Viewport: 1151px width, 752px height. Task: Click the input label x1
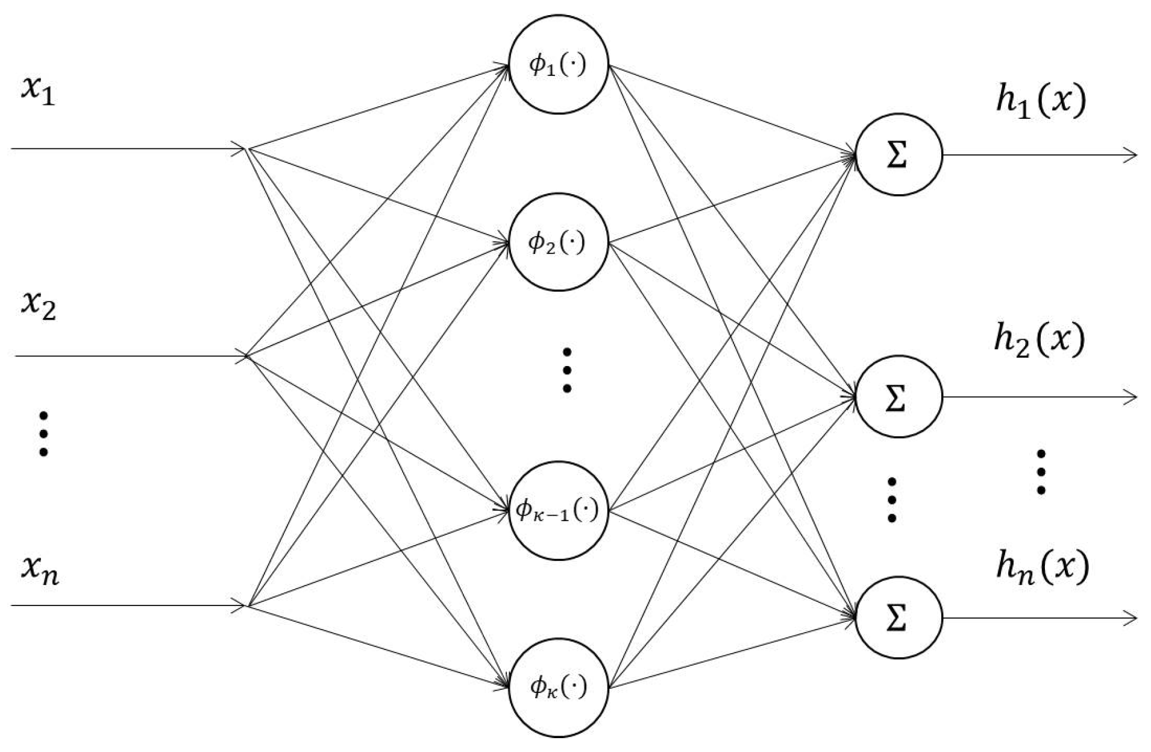(x=38, y=92)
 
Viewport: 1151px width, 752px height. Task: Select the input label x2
(x=39, y=305)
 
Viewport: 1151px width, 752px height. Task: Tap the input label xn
(x=40, y=570)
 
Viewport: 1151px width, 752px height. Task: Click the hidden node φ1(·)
(x=558, y=65)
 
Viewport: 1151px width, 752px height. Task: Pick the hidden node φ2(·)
(x=558, y=242)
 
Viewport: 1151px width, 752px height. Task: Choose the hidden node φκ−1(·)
(x=558, y=511)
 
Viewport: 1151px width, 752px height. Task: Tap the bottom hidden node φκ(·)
(x=558, y=687)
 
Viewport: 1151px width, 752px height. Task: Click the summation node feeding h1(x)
(x=898, y=155)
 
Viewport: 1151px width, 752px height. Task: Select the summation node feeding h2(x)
(x=898, y=397)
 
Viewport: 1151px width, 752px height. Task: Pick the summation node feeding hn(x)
(x=898, y=618)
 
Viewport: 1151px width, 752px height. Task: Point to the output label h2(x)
(x=1039, y=340)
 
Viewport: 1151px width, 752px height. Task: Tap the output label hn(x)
(x=1042, y=567)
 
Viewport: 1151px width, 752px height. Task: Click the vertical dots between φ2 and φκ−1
(x=566, y=370)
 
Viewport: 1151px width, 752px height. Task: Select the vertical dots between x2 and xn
(x=43, y=434)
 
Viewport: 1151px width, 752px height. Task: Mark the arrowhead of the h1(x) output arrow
(x=1131, y=156)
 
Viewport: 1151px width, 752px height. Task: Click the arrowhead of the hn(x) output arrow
(x=1131, y=618)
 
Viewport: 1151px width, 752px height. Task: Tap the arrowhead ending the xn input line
(x=240, y=605)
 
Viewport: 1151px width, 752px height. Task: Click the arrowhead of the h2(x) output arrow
(x=1131, y=397)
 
